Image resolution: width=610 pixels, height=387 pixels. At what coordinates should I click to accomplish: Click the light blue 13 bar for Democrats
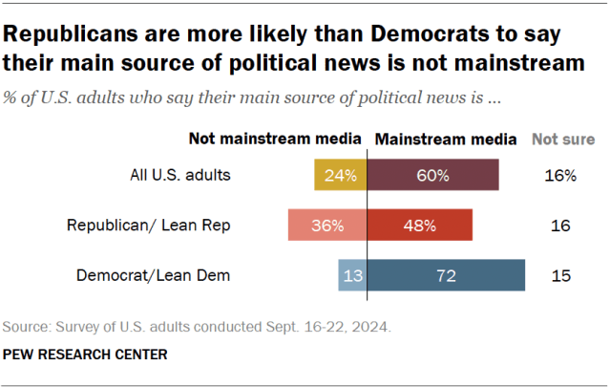click(350, 276)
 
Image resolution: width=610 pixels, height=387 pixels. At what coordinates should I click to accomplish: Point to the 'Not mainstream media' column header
click(276, 139)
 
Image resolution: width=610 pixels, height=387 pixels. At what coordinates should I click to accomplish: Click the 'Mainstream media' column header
click(447, 139)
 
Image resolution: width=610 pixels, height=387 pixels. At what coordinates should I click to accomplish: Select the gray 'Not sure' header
click(563, 139)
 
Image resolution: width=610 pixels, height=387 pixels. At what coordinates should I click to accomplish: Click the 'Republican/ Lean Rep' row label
click(149, 226)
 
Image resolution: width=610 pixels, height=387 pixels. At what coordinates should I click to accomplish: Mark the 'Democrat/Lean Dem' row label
click(153, 276)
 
